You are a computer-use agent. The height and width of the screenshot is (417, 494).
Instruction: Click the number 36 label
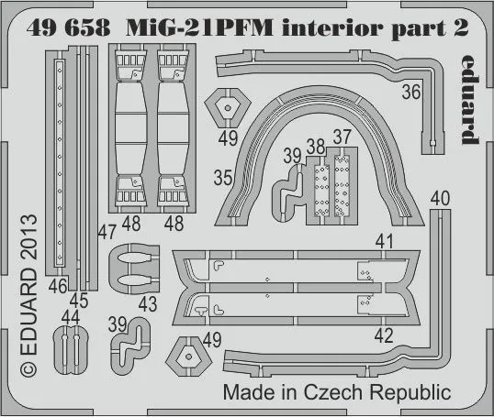[411, 91]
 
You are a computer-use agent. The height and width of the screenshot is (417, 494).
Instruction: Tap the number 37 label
[343, 137]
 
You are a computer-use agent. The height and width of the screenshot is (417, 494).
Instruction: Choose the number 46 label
[58, 288]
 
